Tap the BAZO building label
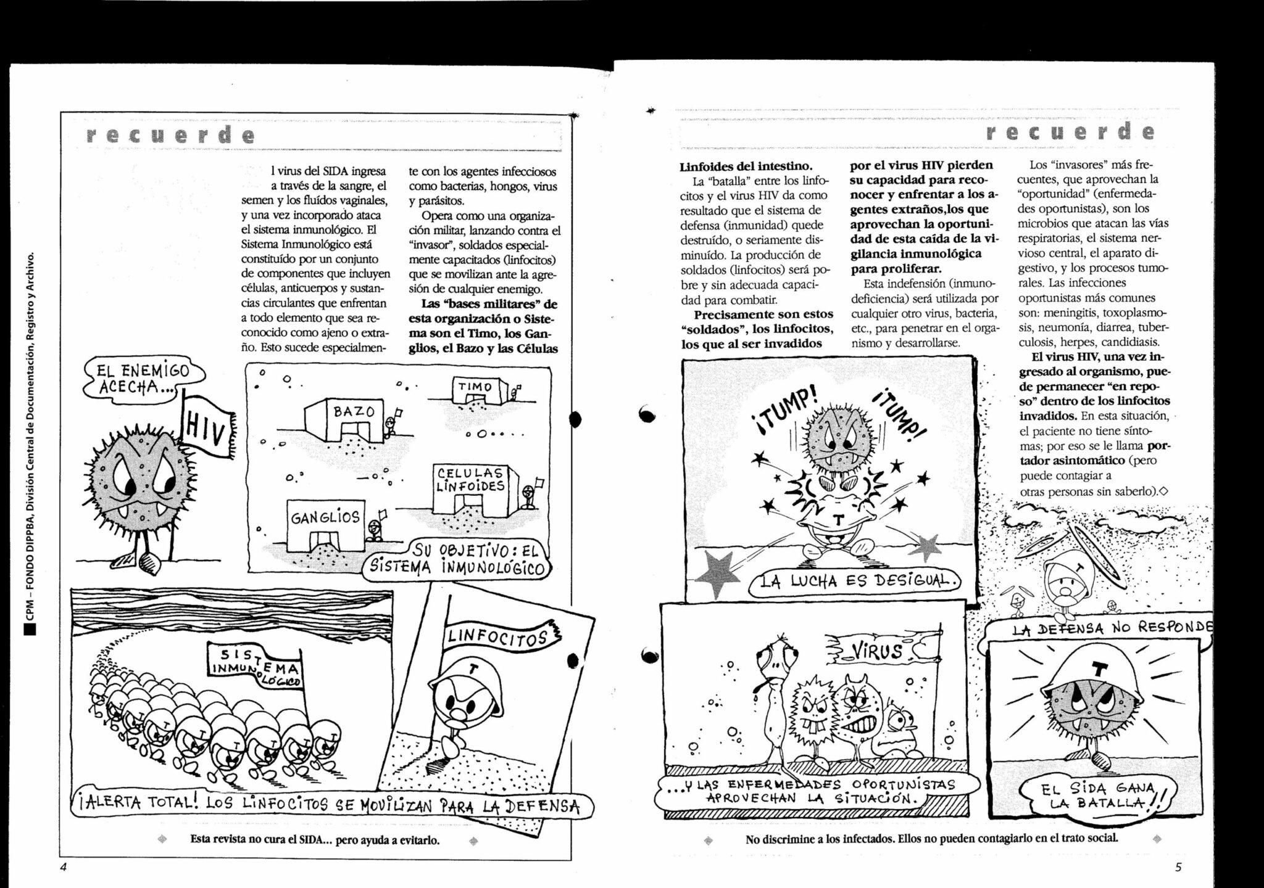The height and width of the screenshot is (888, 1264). point(354,411)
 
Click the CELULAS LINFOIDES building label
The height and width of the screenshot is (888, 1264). point(471,479)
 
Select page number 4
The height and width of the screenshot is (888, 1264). point(63,866)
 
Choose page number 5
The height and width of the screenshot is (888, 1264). point(1178,866)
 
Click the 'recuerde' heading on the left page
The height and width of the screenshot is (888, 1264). point(170,134)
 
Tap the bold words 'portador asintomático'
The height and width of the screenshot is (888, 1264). point(1092,453)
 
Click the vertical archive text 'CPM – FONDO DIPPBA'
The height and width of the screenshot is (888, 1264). point(30,432)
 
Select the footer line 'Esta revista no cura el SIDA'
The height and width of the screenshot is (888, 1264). point(315,840)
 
